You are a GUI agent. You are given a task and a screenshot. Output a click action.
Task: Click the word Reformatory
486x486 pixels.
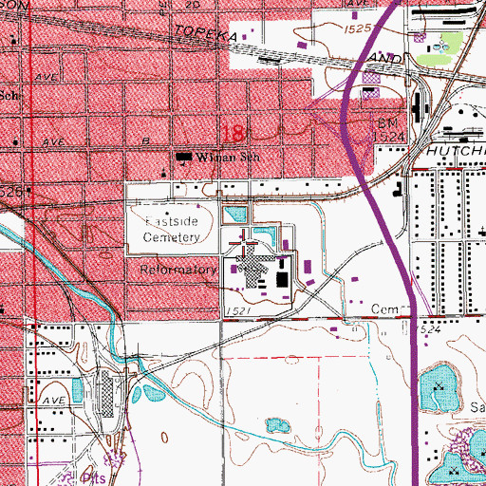click(x=178, y=270)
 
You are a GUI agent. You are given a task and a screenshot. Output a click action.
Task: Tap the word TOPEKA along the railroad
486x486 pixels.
click(x=204, y=35)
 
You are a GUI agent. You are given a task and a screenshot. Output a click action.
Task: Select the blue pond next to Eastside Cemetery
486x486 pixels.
click(x=234, y=213)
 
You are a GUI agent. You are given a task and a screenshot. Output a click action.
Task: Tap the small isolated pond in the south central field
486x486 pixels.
click(x=278, y=423)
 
